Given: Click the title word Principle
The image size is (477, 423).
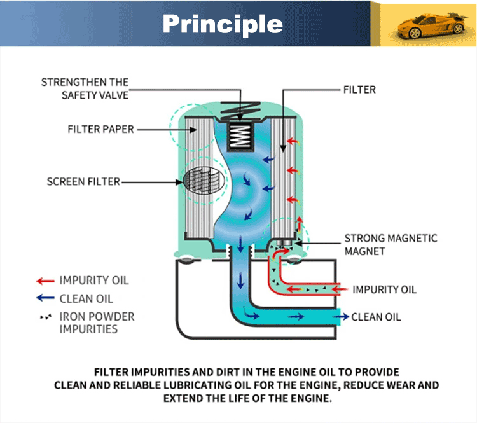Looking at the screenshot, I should pos(222,24).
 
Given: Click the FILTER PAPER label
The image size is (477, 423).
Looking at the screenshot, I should pos(100,129).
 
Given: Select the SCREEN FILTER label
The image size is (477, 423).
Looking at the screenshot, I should pos(83,182).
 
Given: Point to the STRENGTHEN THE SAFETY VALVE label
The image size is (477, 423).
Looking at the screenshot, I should pos(85,88).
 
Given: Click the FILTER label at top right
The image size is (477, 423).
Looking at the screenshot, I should pos(359,90).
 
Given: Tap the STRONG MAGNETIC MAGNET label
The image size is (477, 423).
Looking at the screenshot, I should pos(391,244).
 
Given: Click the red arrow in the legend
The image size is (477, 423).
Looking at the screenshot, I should pos(45,281).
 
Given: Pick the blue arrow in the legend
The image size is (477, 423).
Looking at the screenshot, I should pos(45,298).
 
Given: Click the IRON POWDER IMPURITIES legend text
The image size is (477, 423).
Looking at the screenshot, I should pos(97,322).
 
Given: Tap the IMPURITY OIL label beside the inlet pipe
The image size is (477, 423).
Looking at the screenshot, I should pos(384,289).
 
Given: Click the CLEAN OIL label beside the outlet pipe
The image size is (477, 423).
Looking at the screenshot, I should pos(377,316).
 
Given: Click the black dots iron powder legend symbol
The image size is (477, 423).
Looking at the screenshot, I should pos(45,317).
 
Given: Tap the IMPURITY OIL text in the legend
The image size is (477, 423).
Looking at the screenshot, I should pos(94,281).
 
